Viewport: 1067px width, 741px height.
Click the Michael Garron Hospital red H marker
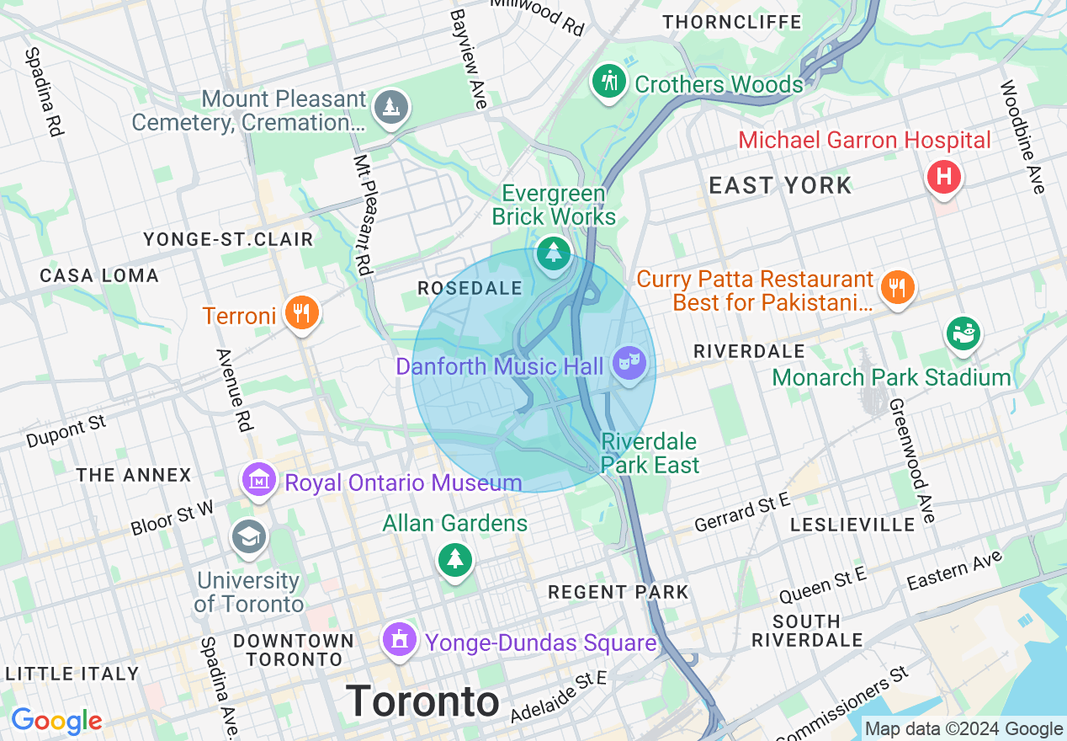pos(944,177)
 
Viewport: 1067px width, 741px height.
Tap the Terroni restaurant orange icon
pos(300,313)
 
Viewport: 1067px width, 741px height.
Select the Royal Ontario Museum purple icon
pos(259,480)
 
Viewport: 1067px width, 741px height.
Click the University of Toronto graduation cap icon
pos(250,536)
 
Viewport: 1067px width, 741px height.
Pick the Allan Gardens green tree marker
pos(454,559)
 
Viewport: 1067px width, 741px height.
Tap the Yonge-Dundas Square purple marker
pos(400,640)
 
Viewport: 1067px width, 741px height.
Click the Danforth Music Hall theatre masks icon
pos(629,363)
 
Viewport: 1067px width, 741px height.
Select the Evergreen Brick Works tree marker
pos(553,253)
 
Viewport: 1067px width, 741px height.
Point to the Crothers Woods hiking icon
pos(608,81)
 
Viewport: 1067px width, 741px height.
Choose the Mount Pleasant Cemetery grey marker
pos(390,107)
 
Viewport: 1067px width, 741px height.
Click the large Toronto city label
pos(422,701)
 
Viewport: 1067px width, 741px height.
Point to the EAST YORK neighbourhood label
pos(780,185)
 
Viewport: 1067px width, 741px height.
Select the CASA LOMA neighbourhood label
pos(99,275)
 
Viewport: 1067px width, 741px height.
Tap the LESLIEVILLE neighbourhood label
pos(852,525)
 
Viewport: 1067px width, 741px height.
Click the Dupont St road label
pos(66,430)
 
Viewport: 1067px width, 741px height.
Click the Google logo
pos(56,721)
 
